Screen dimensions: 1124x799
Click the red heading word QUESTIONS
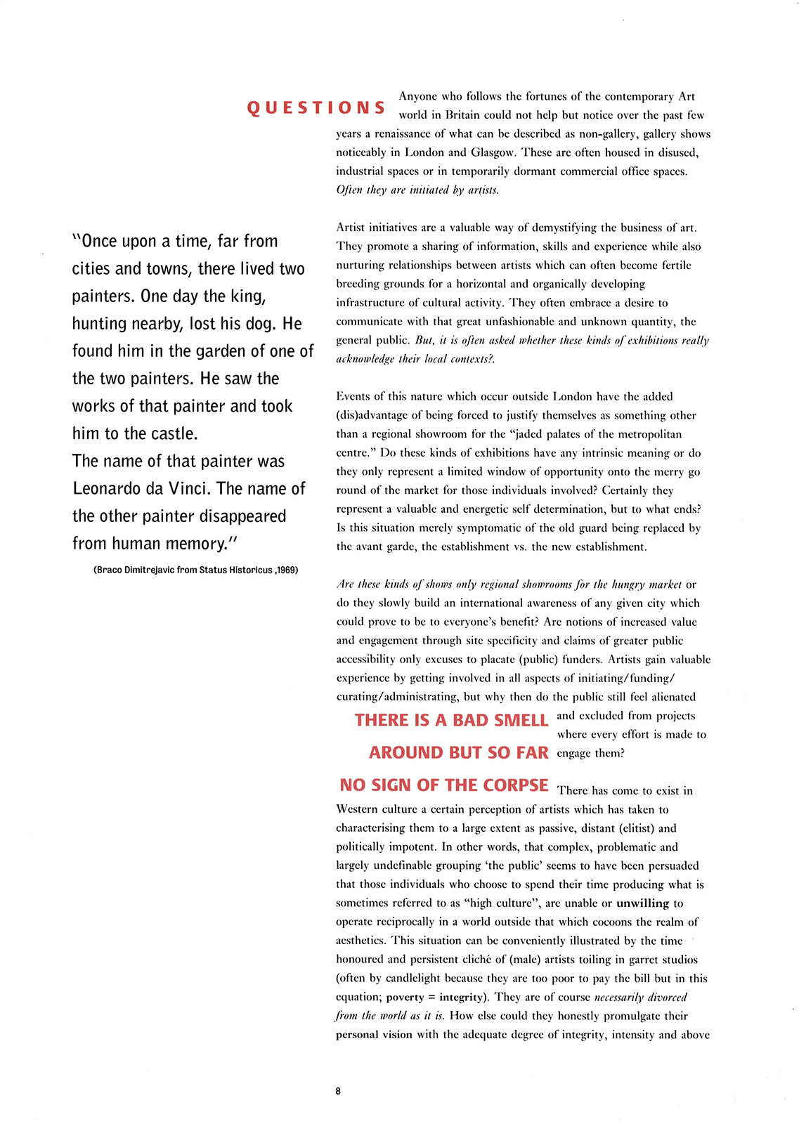[316, 107]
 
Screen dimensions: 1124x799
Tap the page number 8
[338, 1091]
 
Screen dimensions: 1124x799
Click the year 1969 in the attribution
[287, 570]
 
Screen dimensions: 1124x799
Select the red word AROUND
[407, 752]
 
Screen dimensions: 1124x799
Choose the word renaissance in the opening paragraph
[408, 134]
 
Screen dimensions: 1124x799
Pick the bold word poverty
[405, 998]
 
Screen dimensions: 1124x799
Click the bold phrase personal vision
[374, 1035]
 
